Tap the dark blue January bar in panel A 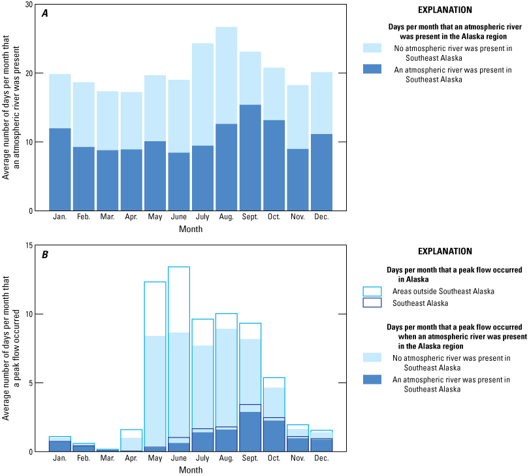point(60,170)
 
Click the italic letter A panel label point(45,14)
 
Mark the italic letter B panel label point(45,255)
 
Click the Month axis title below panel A point(191,229)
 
